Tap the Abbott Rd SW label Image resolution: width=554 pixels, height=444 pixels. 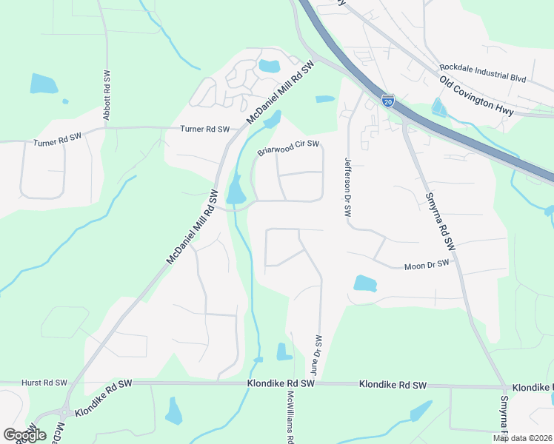[x=107, y=95]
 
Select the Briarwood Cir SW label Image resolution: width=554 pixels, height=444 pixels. [x=288, y=148]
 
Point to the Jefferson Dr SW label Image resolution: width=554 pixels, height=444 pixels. [x=346, y=186]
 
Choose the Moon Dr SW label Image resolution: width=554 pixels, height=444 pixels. [x=427, y=265]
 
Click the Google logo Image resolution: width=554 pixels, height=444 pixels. [x=24, y=434]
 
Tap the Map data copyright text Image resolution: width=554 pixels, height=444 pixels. [x=523, y=438]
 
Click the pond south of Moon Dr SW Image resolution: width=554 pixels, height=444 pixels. [x=365, y=283]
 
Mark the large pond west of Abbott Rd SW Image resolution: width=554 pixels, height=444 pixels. [x=43, y=84]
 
